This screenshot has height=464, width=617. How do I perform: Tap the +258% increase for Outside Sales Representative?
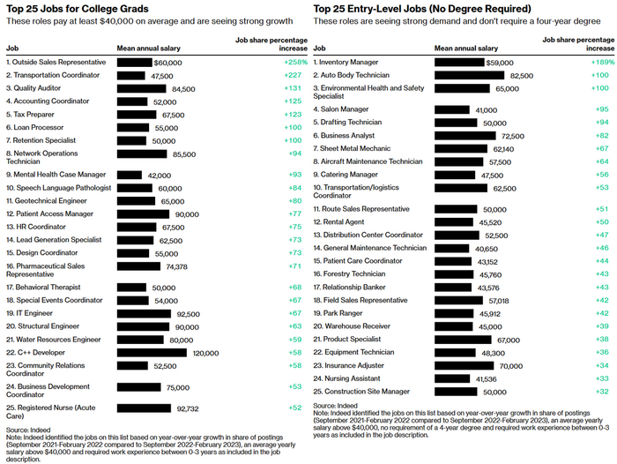294,63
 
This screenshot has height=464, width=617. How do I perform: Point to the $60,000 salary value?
167,63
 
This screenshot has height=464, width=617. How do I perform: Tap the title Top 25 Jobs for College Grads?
83,8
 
